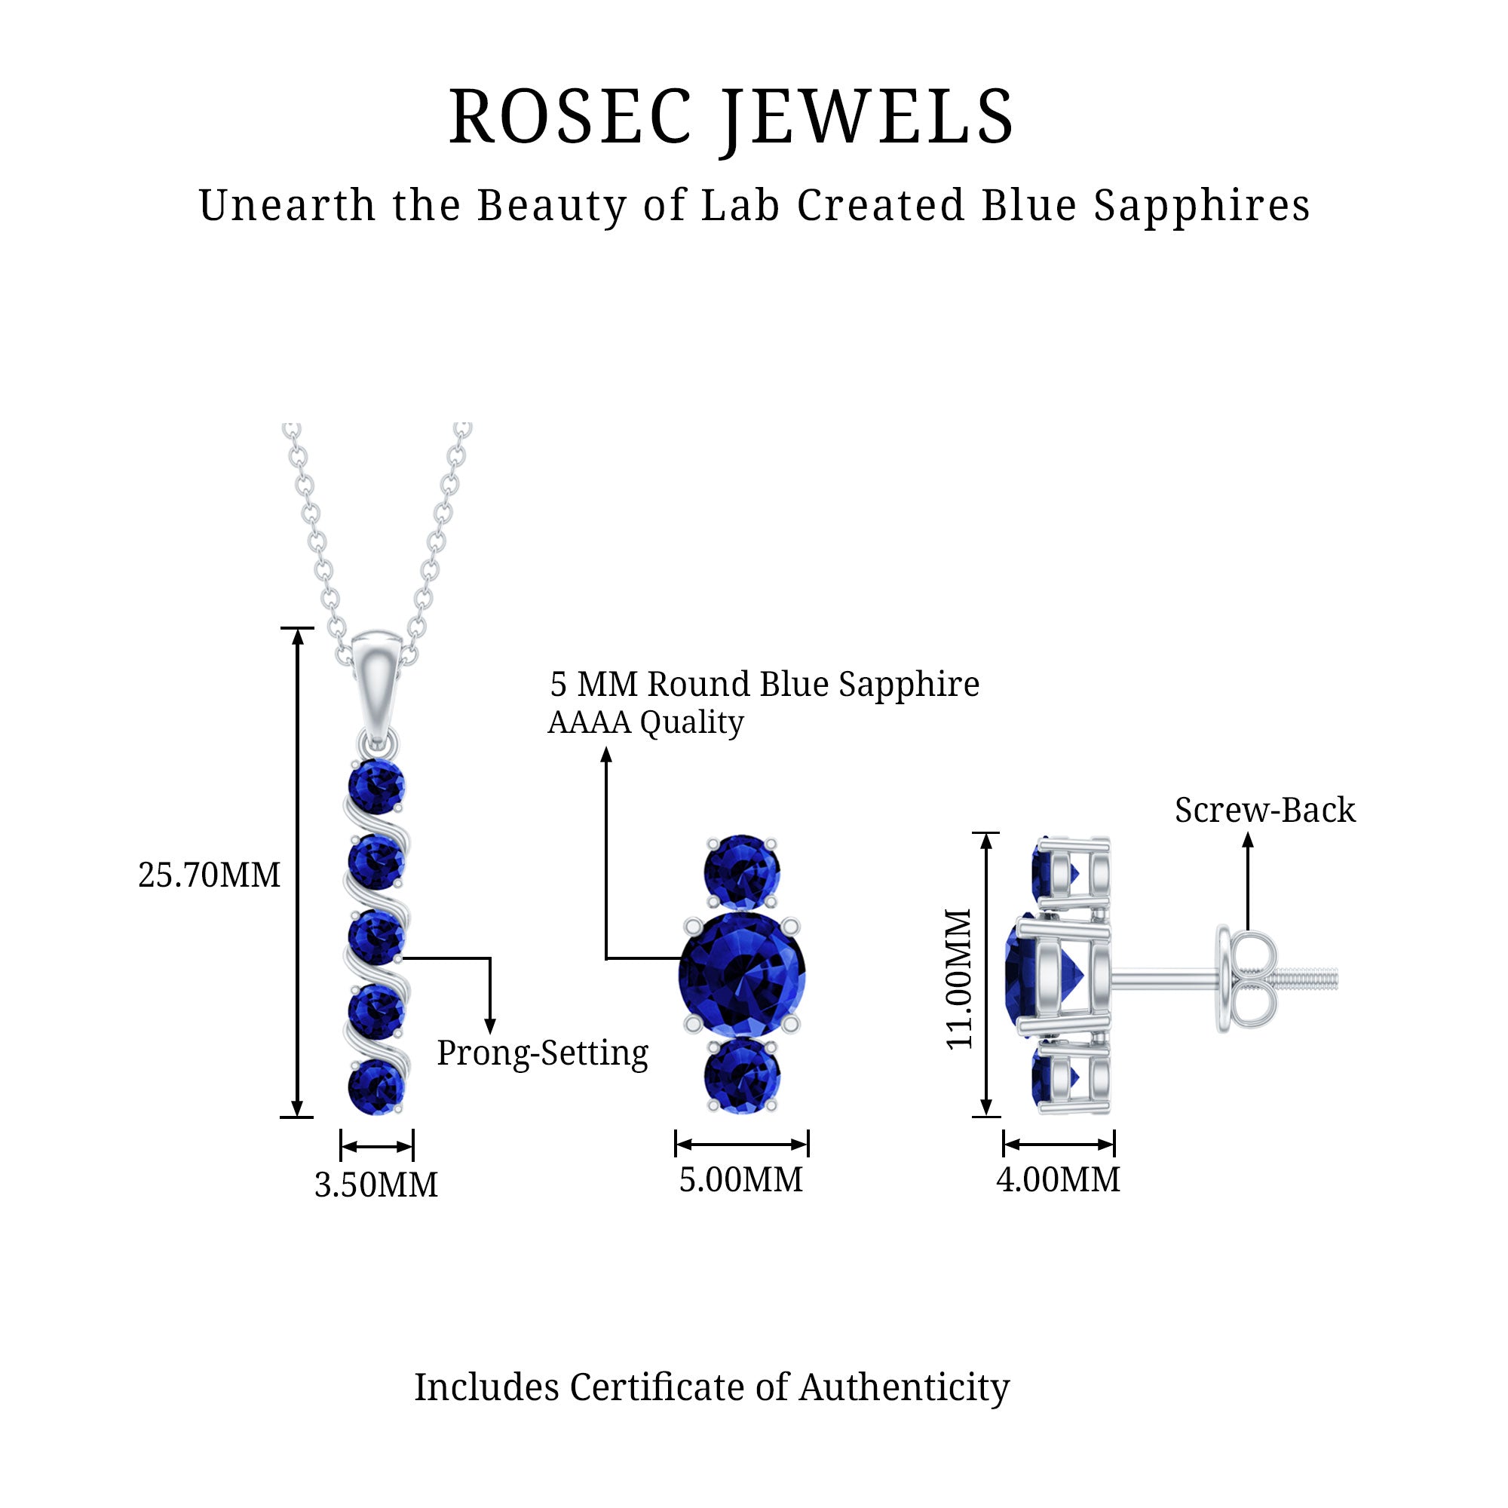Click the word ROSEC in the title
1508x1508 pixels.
[x=571, y=117]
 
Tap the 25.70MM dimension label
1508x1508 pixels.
[x=209, y=875]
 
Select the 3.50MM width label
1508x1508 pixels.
[x=376, y=1185]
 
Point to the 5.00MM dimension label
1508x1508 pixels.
[x=740, y=1179]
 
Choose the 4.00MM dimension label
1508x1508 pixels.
[x=1058, y=1179]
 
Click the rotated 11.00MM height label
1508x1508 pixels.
[x=959, y=979]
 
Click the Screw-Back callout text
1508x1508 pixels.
[x=1264, y=811]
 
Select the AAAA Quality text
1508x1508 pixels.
[x=645, y=723]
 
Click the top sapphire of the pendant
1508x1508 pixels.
[x=376, y=786]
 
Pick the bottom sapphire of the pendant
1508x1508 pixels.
[x=376, y=1087]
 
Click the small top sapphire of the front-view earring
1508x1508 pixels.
[x=741, y=871]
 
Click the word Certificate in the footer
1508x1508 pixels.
[x=656, y=1387]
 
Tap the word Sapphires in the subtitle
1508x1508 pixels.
[x=1201, y=206]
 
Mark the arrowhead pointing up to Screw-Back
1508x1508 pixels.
[x=1248, y=840]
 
